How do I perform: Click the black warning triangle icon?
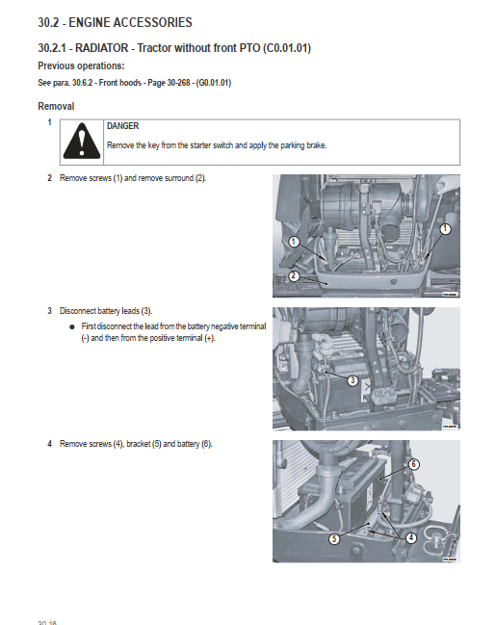pyautogui.click(x=82, y=142)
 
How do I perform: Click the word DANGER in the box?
pyautogui.click(x=123, y=126)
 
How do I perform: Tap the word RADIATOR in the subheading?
pyautogui.click(x=102, y=48)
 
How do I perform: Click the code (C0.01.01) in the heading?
pyautogui.click(x=287, y=48)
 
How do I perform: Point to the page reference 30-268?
pyautogui.click(x=178, y=83)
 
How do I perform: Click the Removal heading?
pyautogui.click(x=56, y=107)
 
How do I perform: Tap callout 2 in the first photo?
pyautogui.click(x=294, y=275)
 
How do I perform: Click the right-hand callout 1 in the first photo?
pyautogui.click(x=445, y=229)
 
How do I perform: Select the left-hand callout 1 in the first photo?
pyautogui.click(x=294, y=242)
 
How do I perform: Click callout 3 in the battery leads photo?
pyautogui.click(x=352, y=380)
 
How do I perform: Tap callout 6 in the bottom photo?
pyautogui.click(x=414, y=464)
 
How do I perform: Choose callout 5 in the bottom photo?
pyautogui.click(x=334, y=539)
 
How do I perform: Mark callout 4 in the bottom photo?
pyautogui.click(x=411, y=537)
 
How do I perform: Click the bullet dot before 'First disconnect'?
pyautogui.click(x=72, y=326)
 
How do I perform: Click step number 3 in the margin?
pyautogui.click(x=49, y=311)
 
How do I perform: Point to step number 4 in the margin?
pyautogui.click(x=49, y=444)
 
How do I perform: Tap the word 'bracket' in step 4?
pyautogui.click(x=139, y=444)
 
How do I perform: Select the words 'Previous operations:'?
pyautogui.click(x=81, y=65)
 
